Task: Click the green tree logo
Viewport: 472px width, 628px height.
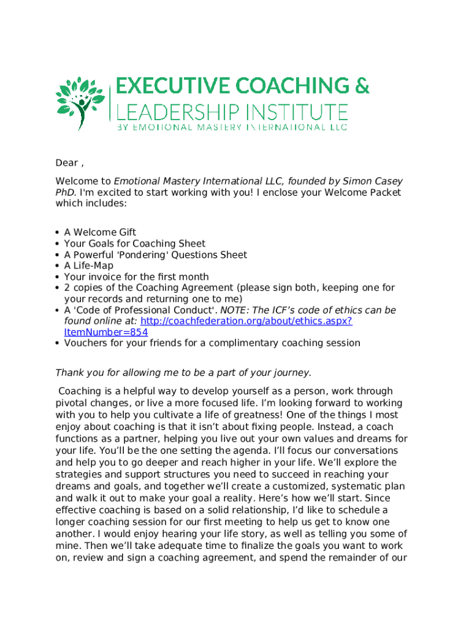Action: click(79, 102)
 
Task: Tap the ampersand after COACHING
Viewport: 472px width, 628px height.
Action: click(361, 86)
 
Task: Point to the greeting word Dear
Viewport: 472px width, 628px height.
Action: click(66, 163)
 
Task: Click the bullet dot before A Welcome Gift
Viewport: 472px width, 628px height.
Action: click(58, 232)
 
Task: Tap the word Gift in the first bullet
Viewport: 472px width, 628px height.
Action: click(126, 232)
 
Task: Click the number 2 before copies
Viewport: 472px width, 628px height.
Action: click(67, 288)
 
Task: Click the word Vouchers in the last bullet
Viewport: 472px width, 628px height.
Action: click(85, 343)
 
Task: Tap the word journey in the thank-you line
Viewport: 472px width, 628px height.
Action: click(291, 372)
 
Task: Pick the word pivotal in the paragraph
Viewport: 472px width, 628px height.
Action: click(72, 403)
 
